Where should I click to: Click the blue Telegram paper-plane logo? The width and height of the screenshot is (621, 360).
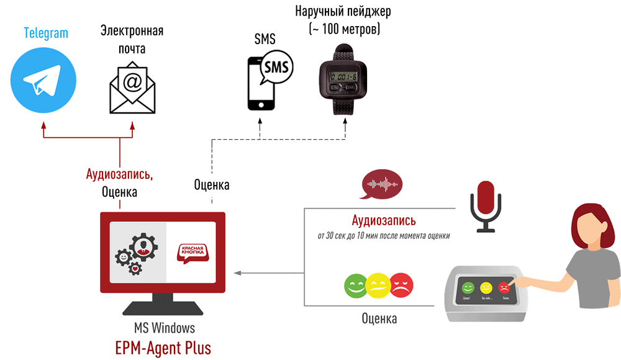tap(43, 81)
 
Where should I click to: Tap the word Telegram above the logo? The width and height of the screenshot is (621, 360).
tap(46, 33)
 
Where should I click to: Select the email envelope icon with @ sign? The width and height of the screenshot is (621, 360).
tap(132, 87)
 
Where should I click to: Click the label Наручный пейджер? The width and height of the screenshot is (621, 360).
tap(343, 12)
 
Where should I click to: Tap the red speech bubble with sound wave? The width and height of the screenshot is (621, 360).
tap(382, 184)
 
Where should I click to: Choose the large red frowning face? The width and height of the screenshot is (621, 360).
tap(401, 286)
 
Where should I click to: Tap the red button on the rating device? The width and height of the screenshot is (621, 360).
tap(504, 288)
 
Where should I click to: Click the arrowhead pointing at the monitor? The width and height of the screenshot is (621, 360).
tap(236, 272)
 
